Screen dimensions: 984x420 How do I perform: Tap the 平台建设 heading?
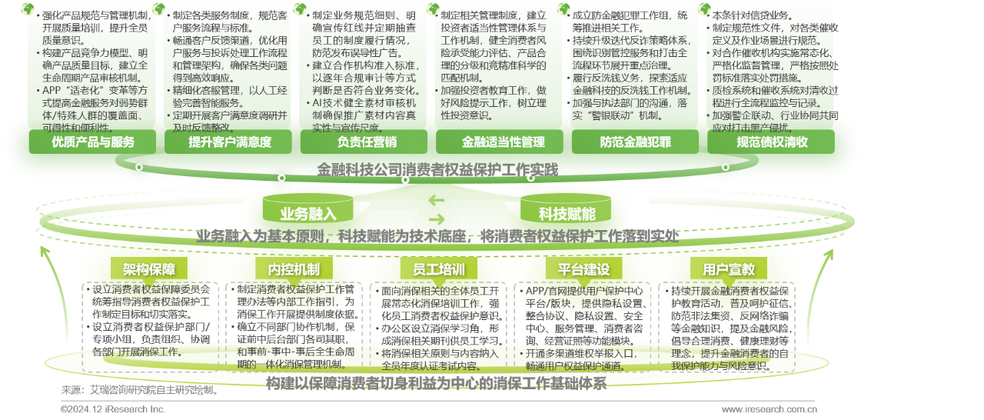(x=583, y=269)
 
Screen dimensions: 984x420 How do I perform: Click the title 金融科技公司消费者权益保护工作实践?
(x=437, y=169)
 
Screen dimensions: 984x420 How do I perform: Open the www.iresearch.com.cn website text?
(x=769, y=410)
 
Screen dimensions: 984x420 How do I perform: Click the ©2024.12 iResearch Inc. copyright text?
(x=113, y=410)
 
